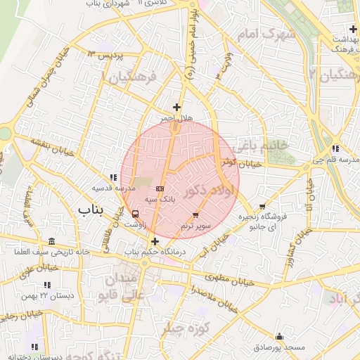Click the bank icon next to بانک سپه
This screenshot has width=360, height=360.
(160, 189)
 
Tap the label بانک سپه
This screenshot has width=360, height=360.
(160, 200)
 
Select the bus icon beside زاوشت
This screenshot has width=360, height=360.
(135, 213)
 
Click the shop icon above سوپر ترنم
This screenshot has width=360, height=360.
(195, 214)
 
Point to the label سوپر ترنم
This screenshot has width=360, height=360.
(195, 226)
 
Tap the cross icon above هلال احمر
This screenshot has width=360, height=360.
(176, 107)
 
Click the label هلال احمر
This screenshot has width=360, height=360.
(175, 118)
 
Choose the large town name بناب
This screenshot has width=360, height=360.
(90, 209)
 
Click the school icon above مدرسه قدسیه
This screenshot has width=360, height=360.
(112, 177)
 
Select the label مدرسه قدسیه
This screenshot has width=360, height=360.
(112, 188)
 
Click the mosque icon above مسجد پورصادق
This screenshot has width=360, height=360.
(279, 336)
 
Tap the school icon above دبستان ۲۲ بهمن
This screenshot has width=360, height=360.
(47, 285)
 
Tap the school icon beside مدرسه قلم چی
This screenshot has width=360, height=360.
(335, 148)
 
